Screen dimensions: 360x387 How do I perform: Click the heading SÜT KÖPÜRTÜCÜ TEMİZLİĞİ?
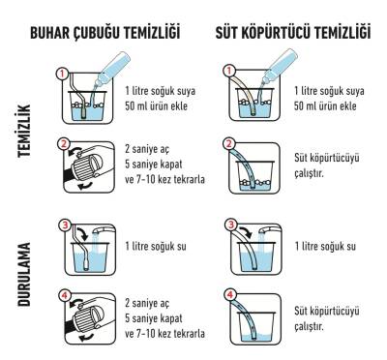tap(292, 35)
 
